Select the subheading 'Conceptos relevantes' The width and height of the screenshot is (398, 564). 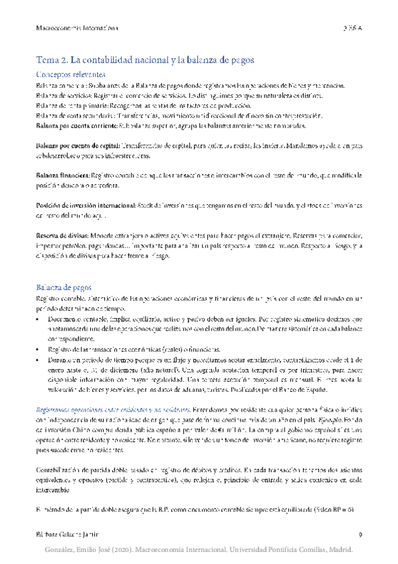[x=70, y=74]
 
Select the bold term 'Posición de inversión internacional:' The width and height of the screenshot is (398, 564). [x=80, y=206]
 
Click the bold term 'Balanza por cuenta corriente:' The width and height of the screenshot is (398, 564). [x=66, y=125]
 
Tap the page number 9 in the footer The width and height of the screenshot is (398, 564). [x=359, y=535]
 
